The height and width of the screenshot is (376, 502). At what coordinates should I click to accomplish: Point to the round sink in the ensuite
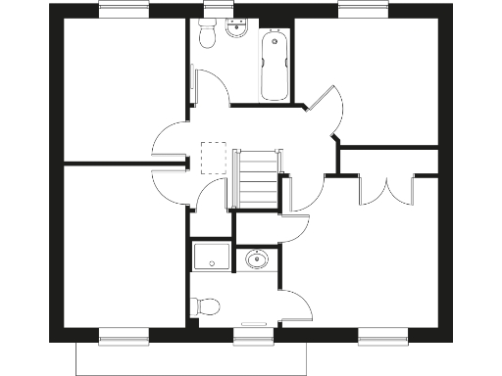click(258, 260)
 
